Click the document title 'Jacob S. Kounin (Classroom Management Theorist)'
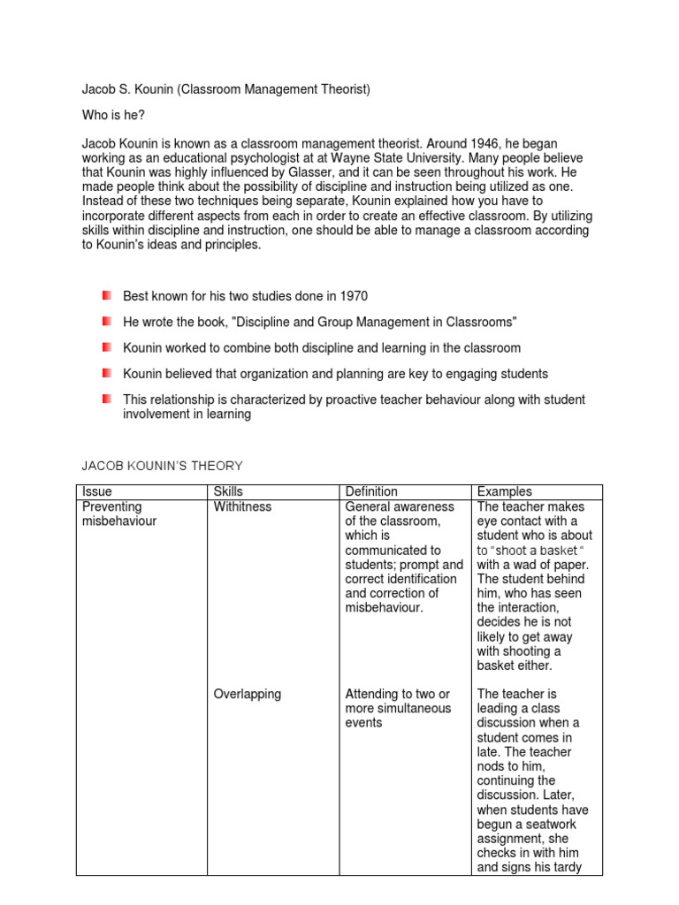(226, 89)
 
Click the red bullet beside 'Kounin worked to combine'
(106, 346)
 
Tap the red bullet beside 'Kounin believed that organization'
(106, 372)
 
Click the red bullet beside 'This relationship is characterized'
(106, 399)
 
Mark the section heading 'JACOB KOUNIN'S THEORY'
(162, 466)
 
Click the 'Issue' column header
(96, 491)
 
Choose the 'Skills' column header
(228, 491)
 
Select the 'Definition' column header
(371, 491)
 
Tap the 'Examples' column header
(505, 491)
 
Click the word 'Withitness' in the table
(243, 506)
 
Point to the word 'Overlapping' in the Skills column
(248, 694)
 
